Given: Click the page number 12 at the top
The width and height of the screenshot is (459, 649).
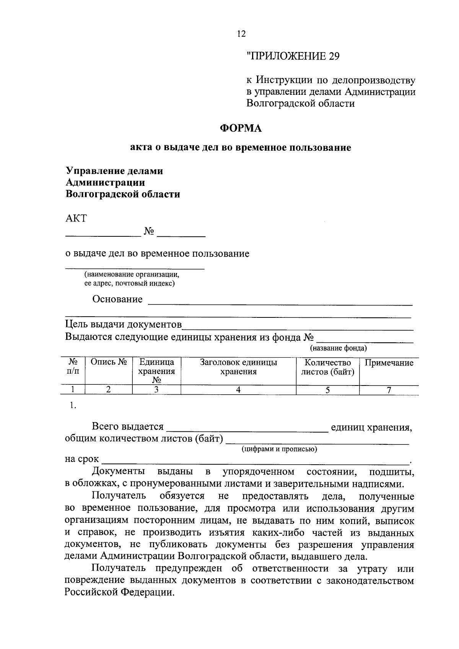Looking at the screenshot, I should tap(241, 34).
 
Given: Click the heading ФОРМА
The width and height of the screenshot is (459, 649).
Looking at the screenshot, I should tap(241, 128).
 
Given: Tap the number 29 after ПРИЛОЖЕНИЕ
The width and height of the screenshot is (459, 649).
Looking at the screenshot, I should tap(334, 56).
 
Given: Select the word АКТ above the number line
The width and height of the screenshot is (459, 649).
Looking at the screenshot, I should tap(76, 219).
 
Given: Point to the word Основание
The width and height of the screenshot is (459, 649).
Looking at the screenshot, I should tap(117, 299).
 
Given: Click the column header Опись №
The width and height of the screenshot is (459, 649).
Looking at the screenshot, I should tap(108, 362).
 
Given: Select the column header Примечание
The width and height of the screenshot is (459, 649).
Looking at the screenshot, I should tap(389, 363).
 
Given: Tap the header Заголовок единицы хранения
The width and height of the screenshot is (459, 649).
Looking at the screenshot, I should tap(238, 367).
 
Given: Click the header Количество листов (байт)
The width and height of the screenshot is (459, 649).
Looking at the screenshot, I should tap(328, 367).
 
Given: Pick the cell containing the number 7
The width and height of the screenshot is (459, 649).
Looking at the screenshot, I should tap(389, 390).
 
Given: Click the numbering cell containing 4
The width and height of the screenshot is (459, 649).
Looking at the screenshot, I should tap(238, 390).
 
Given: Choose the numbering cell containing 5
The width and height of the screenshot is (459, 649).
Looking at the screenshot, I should tap(328, 390).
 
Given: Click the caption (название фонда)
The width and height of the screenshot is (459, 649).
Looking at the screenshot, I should tap(338, 348).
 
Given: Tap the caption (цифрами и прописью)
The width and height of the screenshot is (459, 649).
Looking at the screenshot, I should tap(279, 449).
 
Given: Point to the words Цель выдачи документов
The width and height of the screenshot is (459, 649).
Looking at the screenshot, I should tap(123, 325).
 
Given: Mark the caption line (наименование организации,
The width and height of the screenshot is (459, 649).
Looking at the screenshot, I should tap(132, 275).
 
